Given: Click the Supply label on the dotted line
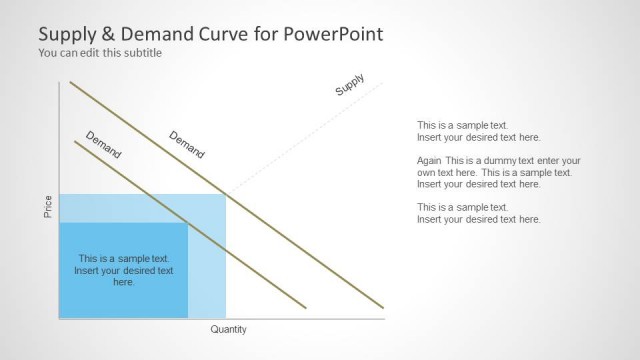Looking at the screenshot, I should (350, 85).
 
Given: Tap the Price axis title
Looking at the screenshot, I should (48, 207).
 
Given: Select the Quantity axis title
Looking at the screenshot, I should (228, 329).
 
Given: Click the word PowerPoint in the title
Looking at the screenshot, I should (335, 34).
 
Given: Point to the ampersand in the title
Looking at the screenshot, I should (105, 34).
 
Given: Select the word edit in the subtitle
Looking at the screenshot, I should (87, 53).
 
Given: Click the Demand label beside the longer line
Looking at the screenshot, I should (187, 145).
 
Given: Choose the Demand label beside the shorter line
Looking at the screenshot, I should (104, 146).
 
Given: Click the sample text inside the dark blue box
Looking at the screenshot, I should (124, 270).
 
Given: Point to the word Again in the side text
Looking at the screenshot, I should (430, 160).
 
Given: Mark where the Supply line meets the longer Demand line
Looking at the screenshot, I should (227, 193).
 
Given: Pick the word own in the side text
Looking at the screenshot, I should (427, 172).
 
